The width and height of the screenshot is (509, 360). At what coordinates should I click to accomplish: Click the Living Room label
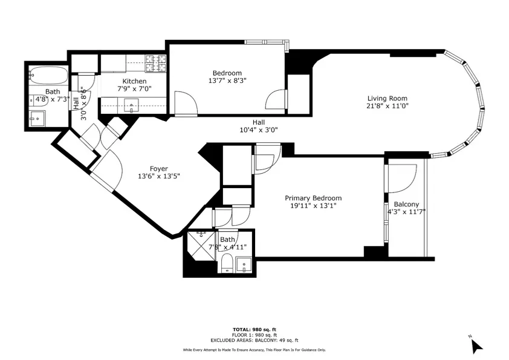387,98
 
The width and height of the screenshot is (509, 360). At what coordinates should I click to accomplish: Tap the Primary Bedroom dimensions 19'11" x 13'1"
313,206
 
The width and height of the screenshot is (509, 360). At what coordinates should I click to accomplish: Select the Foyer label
159,169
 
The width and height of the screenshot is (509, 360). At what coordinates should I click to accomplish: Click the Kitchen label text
134,81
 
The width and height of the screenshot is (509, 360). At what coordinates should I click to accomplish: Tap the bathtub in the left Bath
48,76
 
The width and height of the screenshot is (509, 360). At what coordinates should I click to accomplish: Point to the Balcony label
406,205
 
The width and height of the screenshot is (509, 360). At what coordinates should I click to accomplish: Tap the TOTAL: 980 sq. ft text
254,330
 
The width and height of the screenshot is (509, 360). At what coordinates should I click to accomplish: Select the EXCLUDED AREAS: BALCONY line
254,341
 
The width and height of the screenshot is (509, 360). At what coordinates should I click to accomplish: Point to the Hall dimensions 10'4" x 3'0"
259,129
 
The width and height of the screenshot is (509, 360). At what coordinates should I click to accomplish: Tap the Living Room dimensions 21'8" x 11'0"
387,106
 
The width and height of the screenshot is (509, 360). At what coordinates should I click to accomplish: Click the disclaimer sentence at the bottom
254,350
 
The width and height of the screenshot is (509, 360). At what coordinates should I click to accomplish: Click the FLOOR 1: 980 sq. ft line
254,335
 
